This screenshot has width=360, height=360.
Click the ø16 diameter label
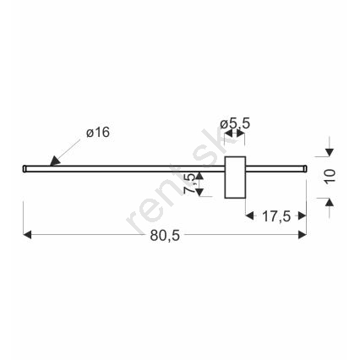point(98,133)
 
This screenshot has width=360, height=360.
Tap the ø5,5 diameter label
point(235,123)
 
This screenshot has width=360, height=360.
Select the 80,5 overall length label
point(165,236)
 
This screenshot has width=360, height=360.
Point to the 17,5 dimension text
point(276,216)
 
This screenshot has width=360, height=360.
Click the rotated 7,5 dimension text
point(189,183)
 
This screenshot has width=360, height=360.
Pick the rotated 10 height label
point(330,177)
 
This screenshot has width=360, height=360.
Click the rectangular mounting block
point(235,177)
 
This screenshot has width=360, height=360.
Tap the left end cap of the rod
point(25,168)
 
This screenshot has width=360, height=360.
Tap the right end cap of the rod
point(305,168)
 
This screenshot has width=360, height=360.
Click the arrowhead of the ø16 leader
point(55,161)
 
